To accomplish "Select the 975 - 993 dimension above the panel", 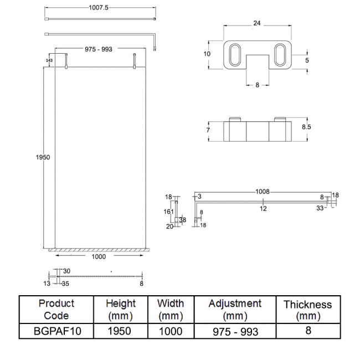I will [x=99, y=49].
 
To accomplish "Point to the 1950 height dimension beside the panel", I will [x=43, y=157].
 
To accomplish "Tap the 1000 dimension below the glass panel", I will [x=98, y=256].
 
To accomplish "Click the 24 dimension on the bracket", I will [x=256, y=23].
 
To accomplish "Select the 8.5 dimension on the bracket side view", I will [x=306, y=127].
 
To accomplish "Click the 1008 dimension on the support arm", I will [x=263, y=192].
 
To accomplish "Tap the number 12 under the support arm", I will [x=264, y=208].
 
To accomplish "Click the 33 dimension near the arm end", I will [x=320, y=208].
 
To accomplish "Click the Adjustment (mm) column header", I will [x=235, y=310].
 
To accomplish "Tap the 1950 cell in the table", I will [x=120, y=331].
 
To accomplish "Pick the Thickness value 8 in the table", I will [x=307, y=331].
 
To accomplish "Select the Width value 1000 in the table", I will [x=171, y=331].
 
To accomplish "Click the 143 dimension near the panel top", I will [x=49, y=60].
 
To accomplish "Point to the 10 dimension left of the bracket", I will [x=207, y=54].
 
